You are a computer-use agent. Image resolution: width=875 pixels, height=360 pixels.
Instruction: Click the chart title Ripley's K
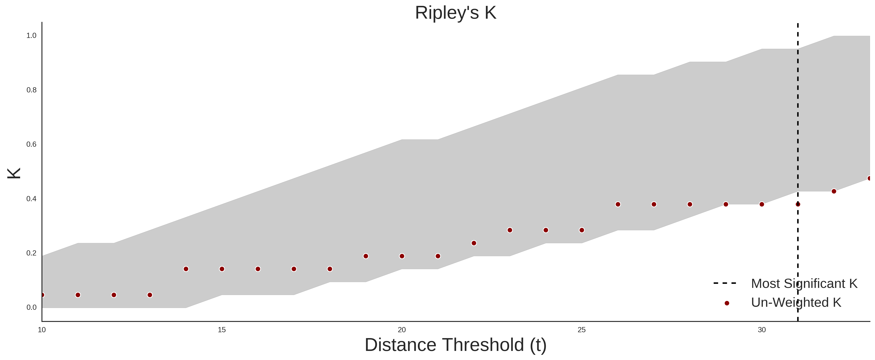[455, 13]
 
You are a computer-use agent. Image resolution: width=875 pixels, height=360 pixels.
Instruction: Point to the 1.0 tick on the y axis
[32, 36]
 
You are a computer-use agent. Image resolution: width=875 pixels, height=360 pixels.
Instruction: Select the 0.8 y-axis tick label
[32, 90]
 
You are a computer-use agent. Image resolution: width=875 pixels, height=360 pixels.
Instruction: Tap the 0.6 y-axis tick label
[32, 144]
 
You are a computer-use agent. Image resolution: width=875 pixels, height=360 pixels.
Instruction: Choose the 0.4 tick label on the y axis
[32, 199]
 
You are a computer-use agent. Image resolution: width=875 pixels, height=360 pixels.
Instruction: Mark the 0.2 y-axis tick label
[32, 253]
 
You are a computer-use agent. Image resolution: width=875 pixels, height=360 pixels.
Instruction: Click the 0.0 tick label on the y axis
[32, 307]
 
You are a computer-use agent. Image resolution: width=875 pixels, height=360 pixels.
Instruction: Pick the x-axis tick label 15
[222, 330]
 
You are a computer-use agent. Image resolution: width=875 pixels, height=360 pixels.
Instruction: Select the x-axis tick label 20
[402, 330]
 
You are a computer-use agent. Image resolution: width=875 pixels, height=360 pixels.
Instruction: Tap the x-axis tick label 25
[582, 330]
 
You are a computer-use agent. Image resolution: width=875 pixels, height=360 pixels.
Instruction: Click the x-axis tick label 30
[762, 330]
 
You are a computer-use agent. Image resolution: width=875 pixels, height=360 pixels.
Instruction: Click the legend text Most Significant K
[804, 284]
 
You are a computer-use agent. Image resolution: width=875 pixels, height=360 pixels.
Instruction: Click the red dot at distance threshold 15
[222, 269]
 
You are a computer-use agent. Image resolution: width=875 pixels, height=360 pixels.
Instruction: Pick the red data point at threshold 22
[474, 243]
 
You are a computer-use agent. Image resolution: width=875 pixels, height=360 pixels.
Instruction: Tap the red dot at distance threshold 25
[582, 230]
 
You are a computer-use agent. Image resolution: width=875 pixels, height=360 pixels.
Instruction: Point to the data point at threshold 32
[834, 191]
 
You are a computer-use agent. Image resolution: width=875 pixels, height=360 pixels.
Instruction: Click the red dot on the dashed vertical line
[798, 204]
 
